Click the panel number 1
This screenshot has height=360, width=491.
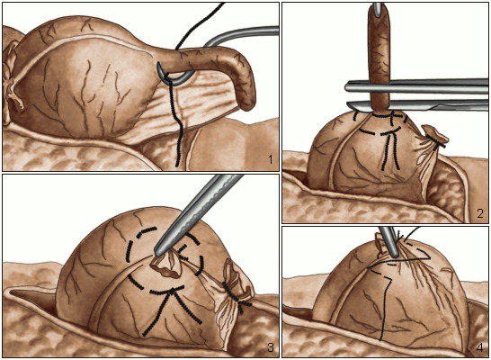coord(271,160)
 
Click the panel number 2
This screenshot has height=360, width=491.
coord(481,213)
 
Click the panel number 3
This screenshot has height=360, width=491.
coord(272,347)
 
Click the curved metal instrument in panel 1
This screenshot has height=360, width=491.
coord(241,35)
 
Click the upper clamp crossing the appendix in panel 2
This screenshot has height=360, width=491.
coord(416,86)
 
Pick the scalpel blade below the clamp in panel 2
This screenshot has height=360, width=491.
coord(416,106)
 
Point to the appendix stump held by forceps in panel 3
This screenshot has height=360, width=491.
coord(166,267)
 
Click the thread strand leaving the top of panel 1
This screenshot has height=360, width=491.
coord(201,26)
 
